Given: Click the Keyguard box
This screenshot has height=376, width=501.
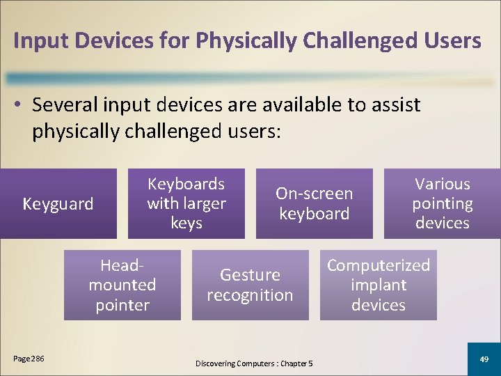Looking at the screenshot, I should [x=58, y=203].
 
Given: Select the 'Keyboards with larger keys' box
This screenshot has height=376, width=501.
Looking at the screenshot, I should [x=186, y=203].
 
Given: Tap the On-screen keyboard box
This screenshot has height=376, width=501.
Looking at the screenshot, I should [x=314, y=203].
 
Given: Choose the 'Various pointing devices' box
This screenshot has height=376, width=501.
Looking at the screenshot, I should [x=442, y=203].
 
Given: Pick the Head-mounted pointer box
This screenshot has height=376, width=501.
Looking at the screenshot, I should [x=122, y=285].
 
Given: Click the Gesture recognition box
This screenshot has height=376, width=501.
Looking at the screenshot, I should [x=250, y=285].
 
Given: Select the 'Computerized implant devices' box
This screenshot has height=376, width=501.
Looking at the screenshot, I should [x=378, y=285].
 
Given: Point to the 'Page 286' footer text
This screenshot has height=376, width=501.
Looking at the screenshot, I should [x=29, y=359].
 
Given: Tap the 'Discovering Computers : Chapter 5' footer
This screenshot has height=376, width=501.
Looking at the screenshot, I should [x=254, y=363].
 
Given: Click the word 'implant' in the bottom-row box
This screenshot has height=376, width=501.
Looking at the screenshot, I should [x=379, y=285].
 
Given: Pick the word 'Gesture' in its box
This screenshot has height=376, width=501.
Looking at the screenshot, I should [x=250, y=275].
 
